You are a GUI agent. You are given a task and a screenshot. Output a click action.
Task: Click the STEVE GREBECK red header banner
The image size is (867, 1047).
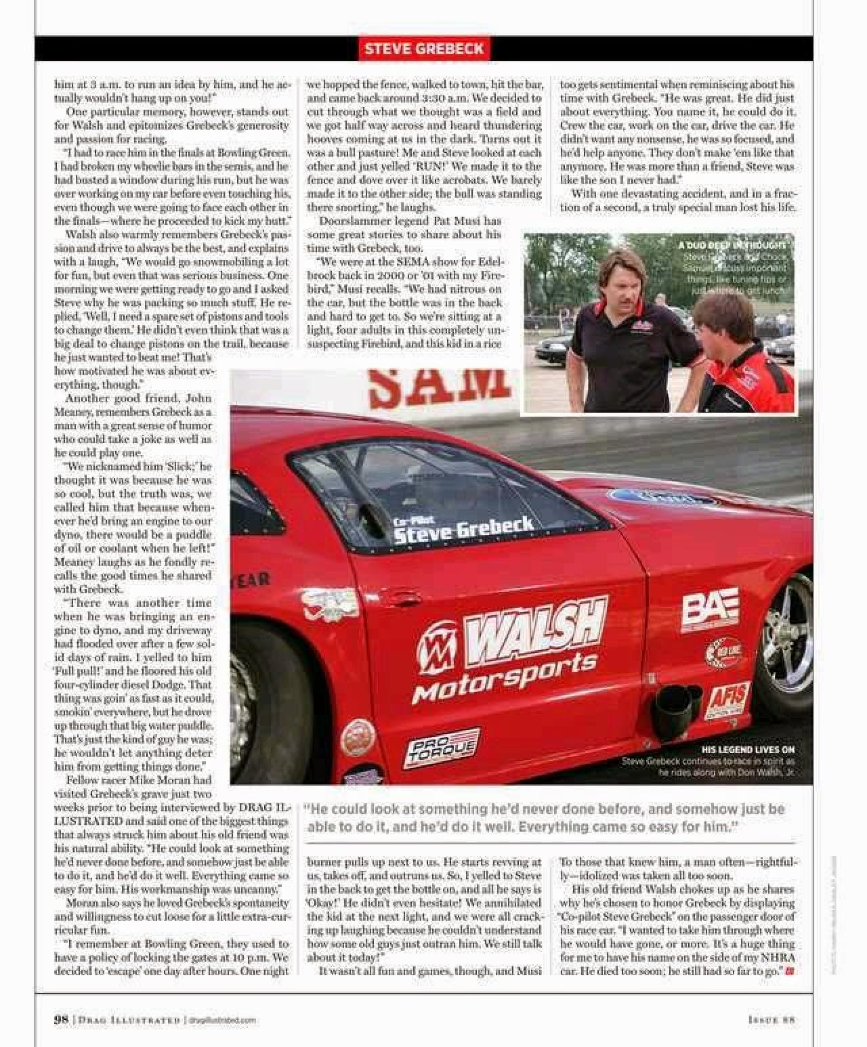pyautogui.click(x=424, y=49)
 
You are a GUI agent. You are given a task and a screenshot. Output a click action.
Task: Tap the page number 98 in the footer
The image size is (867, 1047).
pyautogui.click(x=61, y=1019)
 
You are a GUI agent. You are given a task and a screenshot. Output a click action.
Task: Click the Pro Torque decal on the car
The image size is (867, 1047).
pyautogui.click(x=442, y=749)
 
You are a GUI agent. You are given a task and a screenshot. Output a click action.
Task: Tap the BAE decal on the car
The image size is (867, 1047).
pyautogui.click(x=710, y=608)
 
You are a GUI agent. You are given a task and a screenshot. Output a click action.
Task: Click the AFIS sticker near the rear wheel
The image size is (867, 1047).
pyautogui.click(x=728, y=700)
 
